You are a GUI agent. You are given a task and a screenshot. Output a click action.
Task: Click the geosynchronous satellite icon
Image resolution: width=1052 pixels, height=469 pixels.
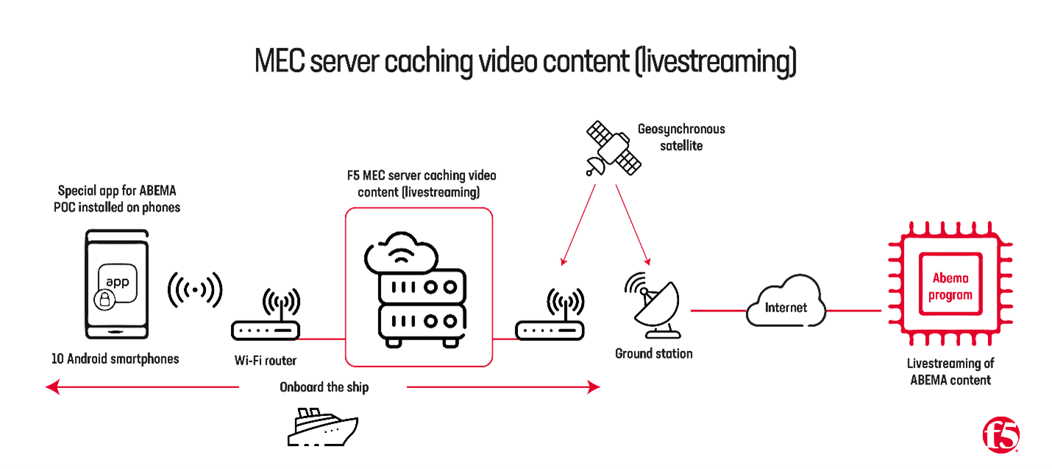(x=611, y=149)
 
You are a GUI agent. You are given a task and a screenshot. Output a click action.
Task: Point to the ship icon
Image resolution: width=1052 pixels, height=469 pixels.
(x=321, y=426)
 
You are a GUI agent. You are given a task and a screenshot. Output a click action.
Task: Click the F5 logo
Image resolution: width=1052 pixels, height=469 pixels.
(x=1001, y=435)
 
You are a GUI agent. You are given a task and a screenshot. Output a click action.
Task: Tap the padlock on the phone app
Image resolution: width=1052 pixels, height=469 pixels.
(x=104, y=300)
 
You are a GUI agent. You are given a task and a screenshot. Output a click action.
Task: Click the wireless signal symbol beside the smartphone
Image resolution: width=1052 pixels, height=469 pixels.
(x=195, y=289)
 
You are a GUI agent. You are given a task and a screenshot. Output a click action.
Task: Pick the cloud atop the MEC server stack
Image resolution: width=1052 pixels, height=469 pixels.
(x=402, y=255)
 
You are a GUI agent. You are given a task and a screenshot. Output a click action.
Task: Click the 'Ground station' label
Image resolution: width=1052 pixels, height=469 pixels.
(x=654, y=354)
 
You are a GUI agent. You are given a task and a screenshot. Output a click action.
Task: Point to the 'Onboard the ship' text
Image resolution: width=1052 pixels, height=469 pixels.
(x=324, y=387)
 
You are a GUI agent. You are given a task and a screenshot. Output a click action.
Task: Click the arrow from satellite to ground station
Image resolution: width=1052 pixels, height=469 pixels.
(x=632, y=224)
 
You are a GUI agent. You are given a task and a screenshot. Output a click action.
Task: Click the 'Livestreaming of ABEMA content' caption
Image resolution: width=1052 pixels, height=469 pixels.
(x=950, y=372)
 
